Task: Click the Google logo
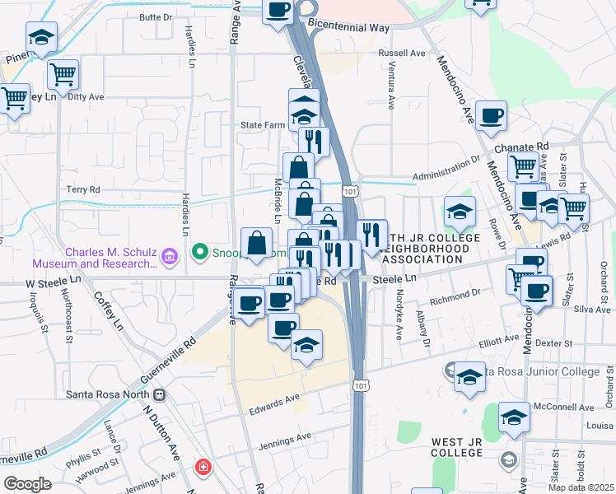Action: click(27, 484)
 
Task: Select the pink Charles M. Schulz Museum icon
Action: click(170, 257)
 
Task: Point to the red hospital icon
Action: click(203, 468)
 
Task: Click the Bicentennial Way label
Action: click(348, 27)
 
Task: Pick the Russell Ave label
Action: click(401, 53)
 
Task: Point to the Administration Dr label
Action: click(446, 171)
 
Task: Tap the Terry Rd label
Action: click(83, 189)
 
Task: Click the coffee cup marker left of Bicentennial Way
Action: click(278, 12)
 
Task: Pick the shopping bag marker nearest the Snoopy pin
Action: click(257, 244)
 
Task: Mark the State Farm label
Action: click(262, 125)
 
